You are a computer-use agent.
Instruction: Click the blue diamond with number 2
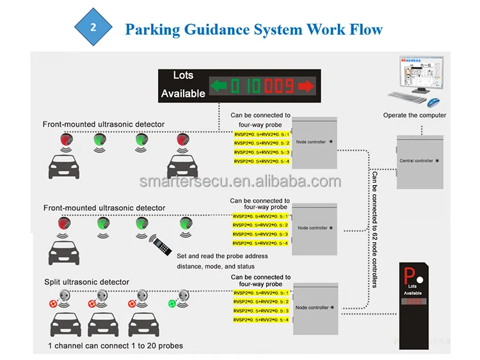click(93, 28)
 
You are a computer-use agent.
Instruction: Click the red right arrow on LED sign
click(306, 85)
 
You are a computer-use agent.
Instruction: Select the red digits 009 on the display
click(279, 85)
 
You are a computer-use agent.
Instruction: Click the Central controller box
click(420, 161)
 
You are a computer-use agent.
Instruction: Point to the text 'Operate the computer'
click(415, 115)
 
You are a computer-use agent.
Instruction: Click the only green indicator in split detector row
click(172, 303)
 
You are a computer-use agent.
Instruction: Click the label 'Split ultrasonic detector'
click(86, 282)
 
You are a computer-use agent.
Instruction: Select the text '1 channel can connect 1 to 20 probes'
click(116, 346)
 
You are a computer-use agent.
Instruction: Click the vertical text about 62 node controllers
click(374, 228)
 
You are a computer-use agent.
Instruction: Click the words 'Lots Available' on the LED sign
click(183, 85)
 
